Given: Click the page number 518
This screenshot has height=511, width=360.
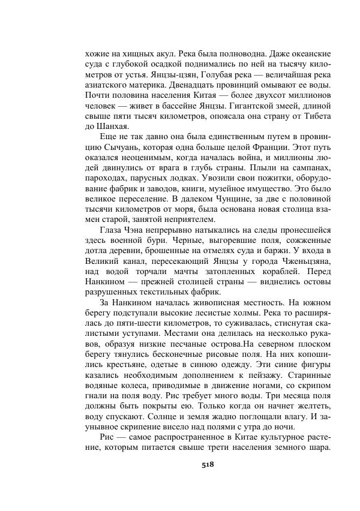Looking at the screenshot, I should click(208, 464).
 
